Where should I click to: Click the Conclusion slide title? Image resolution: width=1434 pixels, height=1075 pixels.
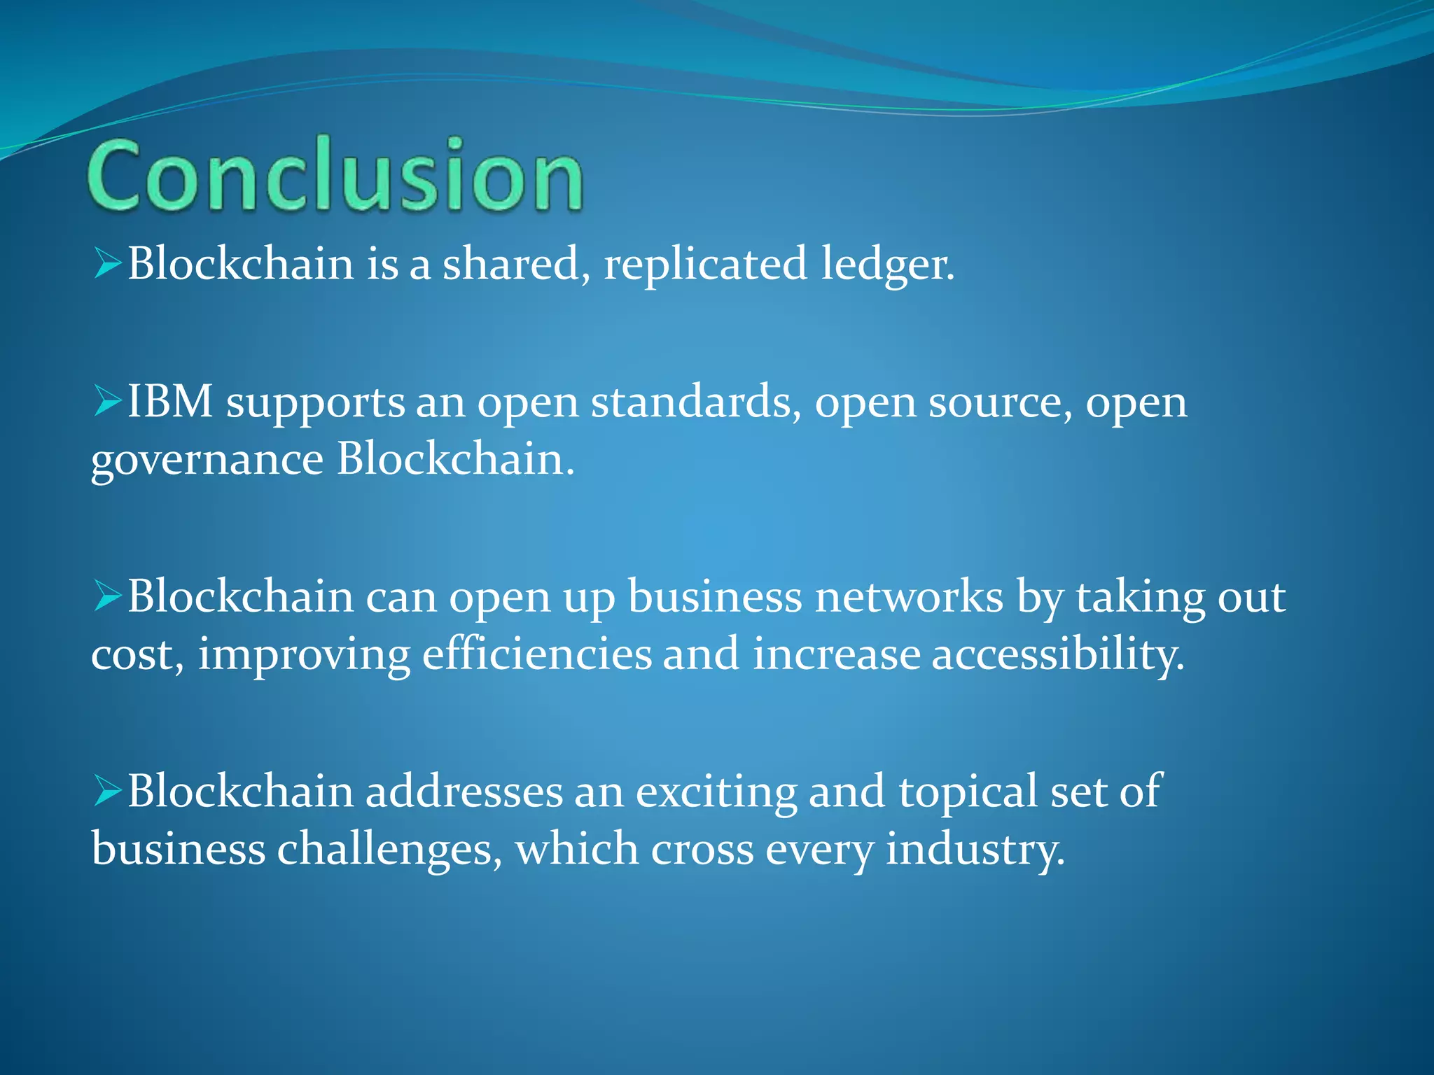click(335, 175)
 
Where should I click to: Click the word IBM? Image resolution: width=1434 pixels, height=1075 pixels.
click(169, 402)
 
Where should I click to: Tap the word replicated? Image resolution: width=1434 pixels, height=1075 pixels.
click(704, 265)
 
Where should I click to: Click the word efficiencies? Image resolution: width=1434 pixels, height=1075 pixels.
click(536, 654)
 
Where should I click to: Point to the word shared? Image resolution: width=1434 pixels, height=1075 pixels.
click(515, 265)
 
